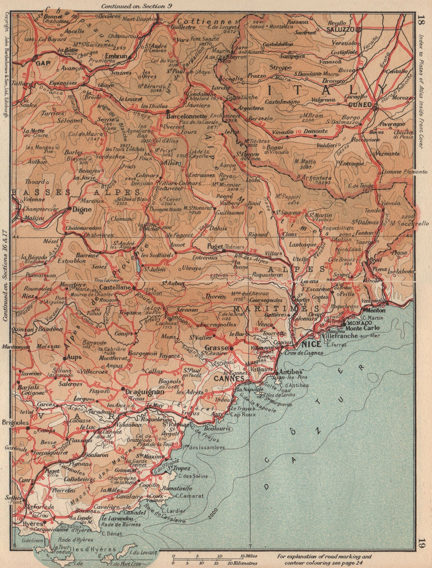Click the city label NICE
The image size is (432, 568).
311,344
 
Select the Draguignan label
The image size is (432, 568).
138,392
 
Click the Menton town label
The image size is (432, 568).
375,310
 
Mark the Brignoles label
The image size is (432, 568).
15,422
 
